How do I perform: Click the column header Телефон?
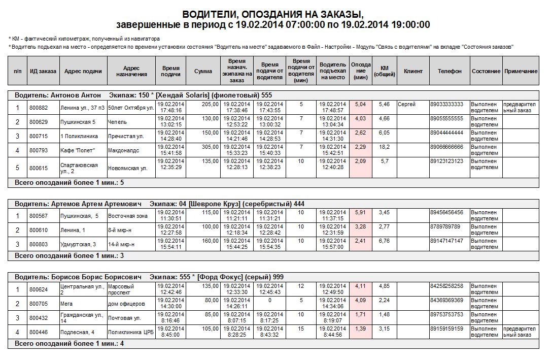450,72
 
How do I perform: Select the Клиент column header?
413,72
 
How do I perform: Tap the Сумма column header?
203,72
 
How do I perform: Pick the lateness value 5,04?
360,104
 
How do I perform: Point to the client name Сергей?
407,104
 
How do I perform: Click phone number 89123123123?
446,161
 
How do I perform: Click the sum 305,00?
210,147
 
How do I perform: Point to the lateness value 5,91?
360,212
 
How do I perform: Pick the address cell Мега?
66,304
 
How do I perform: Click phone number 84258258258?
446,286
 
